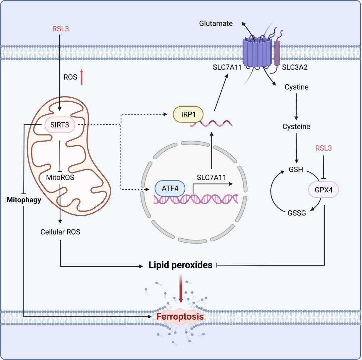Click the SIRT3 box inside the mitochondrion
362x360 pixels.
60,125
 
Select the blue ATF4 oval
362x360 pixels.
170,189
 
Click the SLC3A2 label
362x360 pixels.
295,67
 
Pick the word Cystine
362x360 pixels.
297,87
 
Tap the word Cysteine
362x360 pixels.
296,127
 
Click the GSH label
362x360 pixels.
296,169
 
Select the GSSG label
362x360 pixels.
297,213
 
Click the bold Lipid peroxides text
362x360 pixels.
180,265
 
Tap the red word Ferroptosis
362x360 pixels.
180,317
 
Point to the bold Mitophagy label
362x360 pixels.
24,200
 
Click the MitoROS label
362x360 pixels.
60,177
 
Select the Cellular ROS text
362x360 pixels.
60,232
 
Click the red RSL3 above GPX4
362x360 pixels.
323,148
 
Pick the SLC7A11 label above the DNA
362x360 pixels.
212,177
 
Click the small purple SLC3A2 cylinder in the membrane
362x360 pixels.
277,53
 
